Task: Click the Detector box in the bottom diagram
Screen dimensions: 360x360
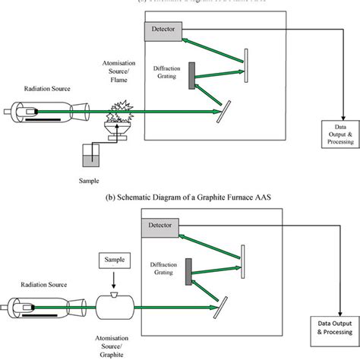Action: click(163, 226)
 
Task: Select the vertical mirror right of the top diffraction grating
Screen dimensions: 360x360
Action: click(245, 68)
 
